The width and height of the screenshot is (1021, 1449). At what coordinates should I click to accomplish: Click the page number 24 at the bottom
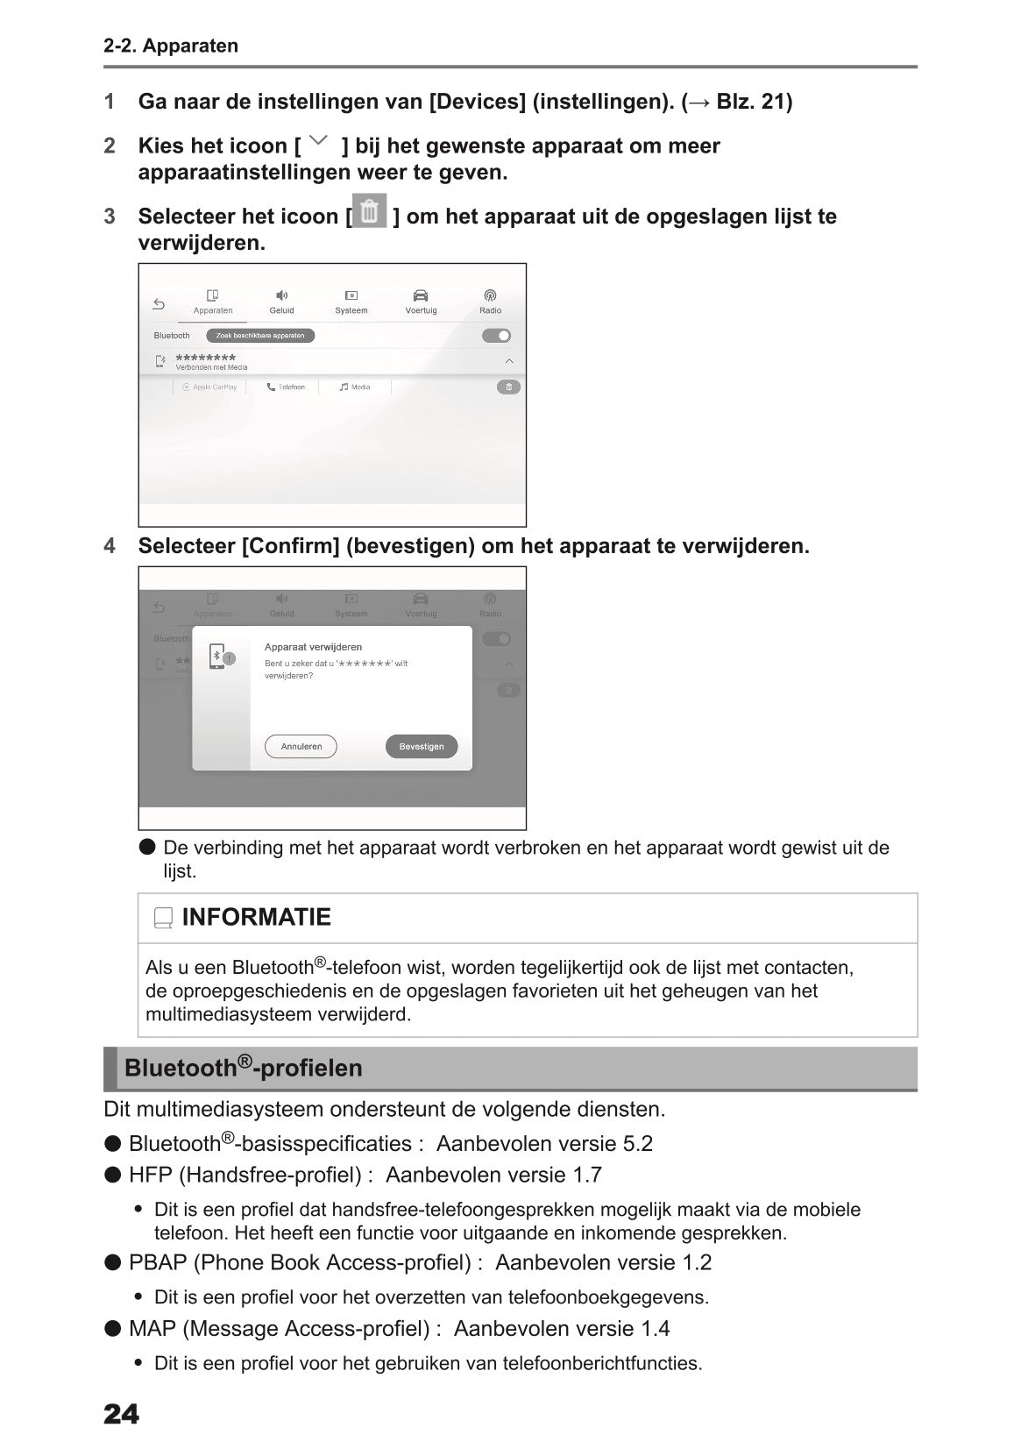point(121,1414)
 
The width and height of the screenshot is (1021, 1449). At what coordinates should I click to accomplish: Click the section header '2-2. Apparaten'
point(171,46)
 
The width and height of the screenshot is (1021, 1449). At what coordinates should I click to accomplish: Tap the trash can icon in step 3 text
point(370,211)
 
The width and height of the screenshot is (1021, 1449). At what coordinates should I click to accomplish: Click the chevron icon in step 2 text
point(320,140)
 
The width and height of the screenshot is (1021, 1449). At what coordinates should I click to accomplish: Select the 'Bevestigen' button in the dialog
point(422,747)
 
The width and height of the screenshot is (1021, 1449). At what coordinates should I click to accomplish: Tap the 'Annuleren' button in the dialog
point(301,747)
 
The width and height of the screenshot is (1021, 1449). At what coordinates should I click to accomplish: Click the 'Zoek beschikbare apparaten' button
point(260,336)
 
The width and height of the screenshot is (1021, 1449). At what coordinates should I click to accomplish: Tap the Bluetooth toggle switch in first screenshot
point(496,336)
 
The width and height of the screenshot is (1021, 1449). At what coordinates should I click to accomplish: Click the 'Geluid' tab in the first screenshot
point(281,302)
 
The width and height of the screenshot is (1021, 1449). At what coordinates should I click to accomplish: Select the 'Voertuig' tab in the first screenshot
point(421,302)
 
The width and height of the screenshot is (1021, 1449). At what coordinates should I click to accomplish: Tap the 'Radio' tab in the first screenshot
point(490,302)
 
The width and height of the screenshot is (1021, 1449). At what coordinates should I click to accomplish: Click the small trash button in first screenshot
point(508,387)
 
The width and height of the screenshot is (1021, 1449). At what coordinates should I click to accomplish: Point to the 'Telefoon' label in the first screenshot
point(287,387)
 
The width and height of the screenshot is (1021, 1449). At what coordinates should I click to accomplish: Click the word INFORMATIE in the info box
point(256,917)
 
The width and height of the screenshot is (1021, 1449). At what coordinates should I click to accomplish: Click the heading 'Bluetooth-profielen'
point(243,1068)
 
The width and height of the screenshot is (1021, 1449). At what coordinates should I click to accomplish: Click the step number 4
point(110,546)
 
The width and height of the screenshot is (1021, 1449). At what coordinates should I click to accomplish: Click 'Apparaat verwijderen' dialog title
point(313,647)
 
